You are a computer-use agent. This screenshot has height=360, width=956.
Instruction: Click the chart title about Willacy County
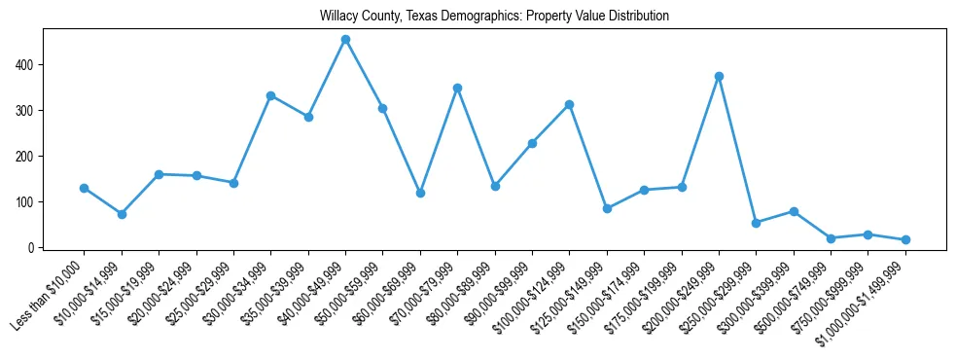(x=494, y=17)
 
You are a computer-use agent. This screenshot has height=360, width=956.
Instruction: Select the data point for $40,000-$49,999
(x=345, y=40)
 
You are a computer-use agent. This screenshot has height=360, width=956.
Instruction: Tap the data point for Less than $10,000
(x=85, y=188)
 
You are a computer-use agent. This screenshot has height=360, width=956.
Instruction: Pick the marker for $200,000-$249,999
(x=719, y=76)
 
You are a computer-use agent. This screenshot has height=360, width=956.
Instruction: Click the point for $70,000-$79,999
(x=457, y=88)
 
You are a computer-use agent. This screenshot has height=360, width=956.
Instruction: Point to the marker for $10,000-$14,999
(x=122, y=214)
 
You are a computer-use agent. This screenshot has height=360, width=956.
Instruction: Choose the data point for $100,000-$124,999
(x=569, y=104)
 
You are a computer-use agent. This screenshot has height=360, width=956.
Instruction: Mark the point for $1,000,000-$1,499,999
(x=905, y=239)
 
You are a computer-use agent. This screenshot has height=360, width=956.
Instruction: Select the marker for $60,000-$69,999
(x=420, y=193)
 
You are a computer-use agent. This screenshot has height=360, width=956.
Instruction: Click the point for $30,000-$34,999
(x=271, y=95)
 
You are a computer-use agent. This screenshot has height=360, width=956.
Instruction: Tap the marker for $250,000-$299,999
(x=756, y=223)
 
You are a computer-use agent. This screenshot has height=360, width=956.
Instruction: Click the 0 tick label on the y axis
(x=30, y=248)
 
